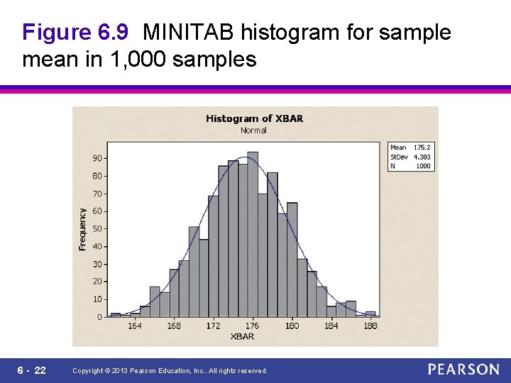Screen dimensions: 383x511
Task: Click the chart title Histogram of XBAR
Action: pos(254,118)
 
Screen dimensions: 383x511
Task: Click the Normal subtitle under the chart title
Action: pos(253,130)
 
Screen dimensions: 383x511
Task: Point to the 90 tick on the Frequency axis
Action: pos(97,158)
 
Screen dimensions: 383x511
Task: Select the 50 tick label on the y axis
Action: pos(97,228)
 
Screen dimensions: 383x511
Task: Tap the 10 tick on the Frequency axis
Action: pos(97,299)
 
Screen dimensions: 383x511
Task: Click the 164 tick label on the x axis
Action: pos(135,326)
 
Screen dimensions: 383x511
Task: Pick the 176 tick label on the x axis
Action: pos(253,326)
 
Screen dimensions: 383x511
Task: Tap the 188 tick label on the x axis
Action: pos(370,326)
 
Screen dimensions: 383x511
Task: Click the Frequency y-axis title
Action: pos(82,228)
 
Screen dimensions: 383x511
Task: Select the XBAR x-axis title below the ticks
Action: pos(242,336)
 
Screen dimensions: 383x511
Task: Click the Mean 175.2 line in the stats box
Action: pos(410,148)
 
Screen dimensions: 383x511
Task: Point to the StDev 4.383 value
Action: pos(422,157)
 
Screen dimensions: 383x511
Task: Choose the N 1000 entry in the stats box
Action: pos(410,166)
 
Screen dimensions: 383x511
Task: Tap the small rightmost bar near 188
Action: pos(370,313)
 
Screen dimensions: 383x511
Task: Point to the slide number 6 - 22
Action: pos(32,370)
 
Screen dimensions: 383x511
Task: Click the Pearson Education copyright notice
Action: pos(170,371)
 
